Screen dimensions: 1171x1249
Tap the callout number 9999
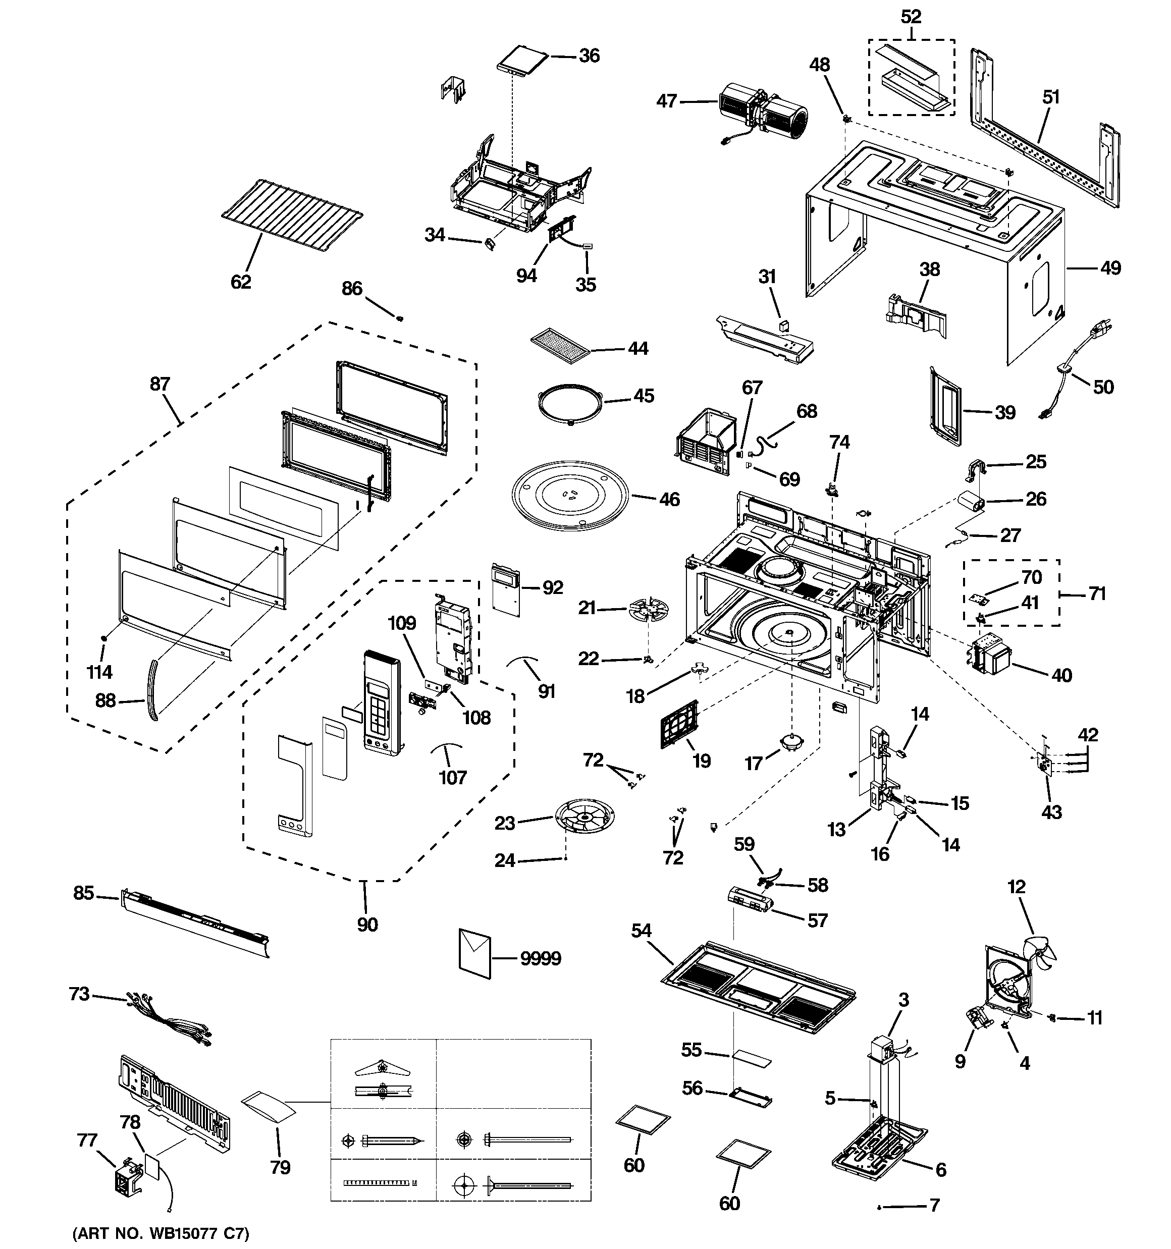[x=541, y=959]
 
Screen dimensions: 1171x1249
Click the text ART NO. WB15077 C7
[x=161, y=1233]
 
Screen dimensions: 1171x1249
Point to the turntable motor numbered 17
[x=790, y=742]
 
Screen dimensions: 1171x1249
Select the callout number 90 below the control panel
[x=368, y=924]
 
